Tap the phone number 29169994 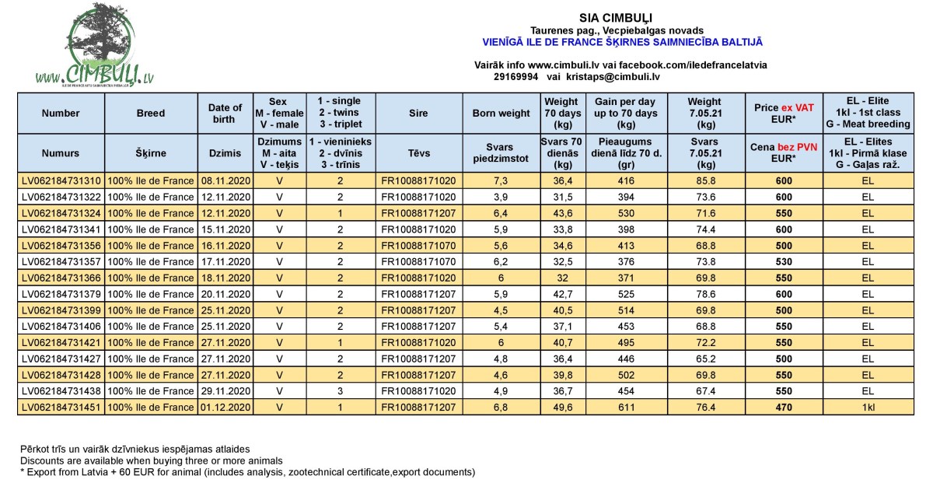pyautogui.click(x=515, y=77)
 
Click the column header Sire pyautogui.click(x=418, y=113)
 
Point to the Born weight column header pyautogui.click(x=501, y=113)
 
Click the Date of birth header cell pyautogui.click(x=225, y=113)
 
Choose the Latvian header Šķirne pyautogui.click(x=150, y=154)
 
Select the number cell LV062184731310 pyautogui.click(x=61, y=180)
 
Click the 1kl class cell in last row pyautogui.click(x=868, y=407)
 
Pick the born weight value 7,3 pyautogui.click(x=501, y=180)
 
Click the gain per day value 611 pyautogui.click(x=626, y=407)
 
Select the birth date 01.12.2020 pyautogui.click(x=225, y=407)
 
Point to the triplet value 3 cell pyautogui.click(x=340, y=392)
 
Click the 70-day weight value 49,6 pyautogui.click(x=561, y=407)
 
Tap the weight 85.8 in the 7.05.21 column pyautogui.click(x=706, y=180)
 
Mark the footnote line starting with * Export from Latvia pyautogui.click(x=247, y=472)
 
